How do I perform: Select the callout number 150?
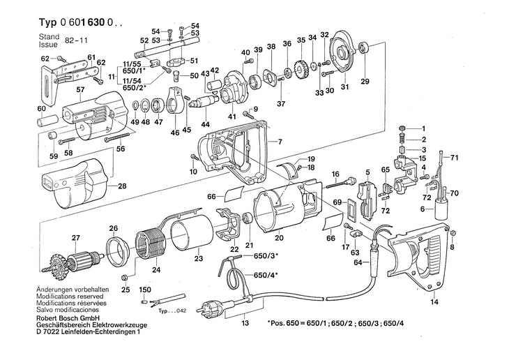(146, 289)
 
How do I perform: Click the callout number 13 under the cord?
(245, 324)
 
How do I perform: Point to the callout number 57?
(80, 90)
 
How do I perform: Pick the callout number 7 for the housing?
(280, 142)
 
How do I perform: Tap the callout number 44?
(205, 124)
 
